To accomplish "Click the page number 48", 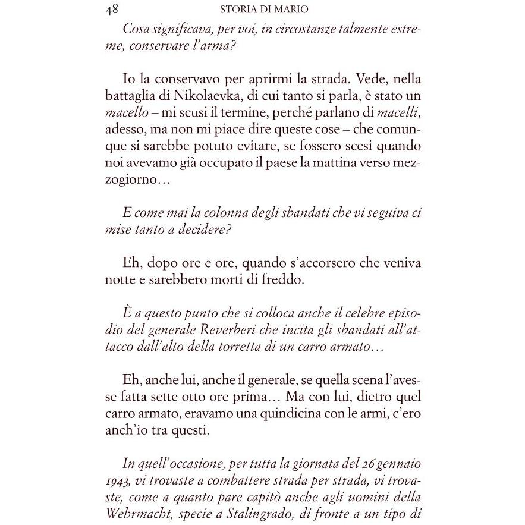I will click(x=112, y=10).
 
